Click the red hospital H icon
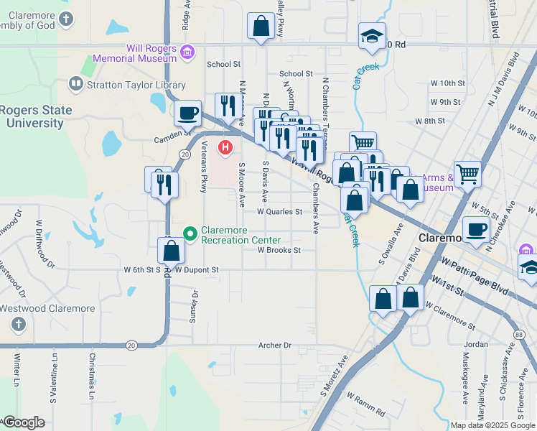coord(225,149)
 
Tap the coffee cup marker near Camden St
coord(188,113)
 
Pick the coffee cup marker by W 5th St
coord(476,229)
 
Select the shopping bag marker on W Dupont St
coord(171,251)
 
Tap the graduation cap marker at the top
coord(372,36)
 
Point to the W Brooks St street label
coord(279,251)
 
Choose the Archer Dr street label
coord(276,346)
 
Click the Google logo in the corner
coord(24,422)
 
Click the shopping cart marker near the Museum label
coord(467,172)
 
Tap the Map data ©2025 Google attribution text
coord(492,425)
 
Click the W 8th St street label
coord(431,121)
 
